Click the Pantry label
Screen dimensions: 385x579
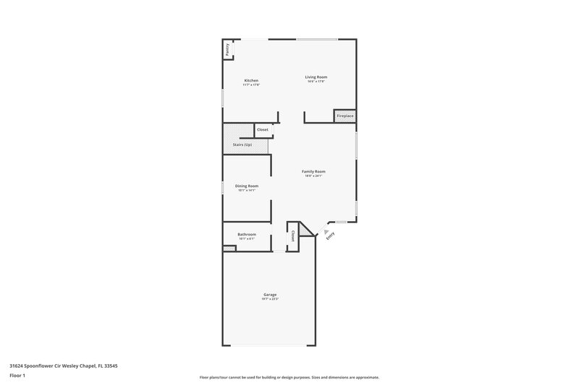click(x=227, y=50)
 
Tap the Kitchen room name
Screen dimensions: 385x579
click(x=251, y=80)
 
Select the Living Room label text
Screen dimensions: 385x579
click(x=316, y=77)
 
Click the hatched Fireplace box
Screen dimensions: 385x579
click(x=345, y=116)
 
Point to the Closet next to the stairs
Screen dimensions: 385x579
click(x=262, y=130)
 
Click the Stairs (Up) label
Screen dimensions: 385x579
click(x=242, y=145)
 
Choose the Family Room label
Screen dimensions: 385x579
click(x=313, y=171)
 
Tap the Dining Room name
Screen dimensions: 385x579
click(x=247, y=186)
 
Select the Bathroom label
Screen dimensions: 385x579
click(x=247, y=235)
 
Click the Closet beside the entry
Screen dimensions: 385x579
click(x=293, y=236)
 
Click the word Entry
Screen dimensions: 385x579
click(x=331, y=235)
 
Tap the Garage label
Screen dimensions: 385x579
click(x=270, y=294)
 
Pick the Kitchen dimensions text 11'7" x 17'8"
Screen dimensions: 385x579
click(x=251, y=85)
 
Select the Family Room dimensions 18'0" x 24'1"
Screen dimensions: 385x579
click(x=313, y=176)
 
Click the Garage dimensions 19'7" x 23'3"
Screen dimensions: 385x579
click(x=270, y=298)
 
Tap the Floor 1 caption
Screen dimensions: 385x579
click(x=17, y=376)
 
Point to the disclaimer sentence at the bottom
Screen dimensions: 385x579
click(x=289, y=377)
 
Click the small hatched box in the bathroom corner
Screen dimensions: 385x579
click(x=229, y=248)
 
